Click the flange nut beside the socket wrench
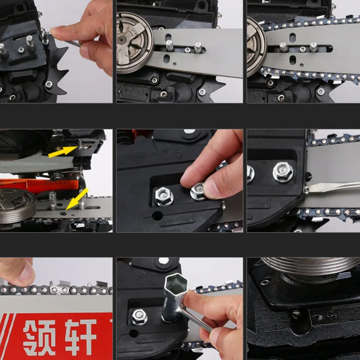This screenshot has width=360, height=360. (x=139, y=317)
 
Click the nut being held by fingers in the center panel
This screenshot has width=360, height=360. (x=198, y=191)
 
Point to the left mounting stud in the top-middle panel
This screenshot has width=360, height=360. (x=169, y=45)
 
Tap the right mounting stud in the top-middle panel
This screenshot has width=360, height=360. (x=198, y=47)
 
